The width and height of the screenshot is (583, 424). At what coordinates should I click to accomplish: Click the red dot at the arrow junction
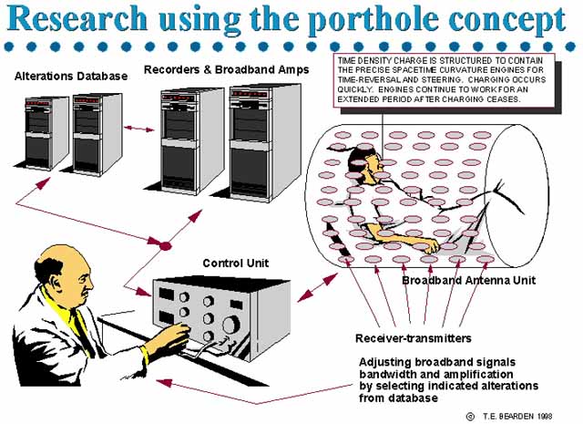[x=166, y=246]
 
